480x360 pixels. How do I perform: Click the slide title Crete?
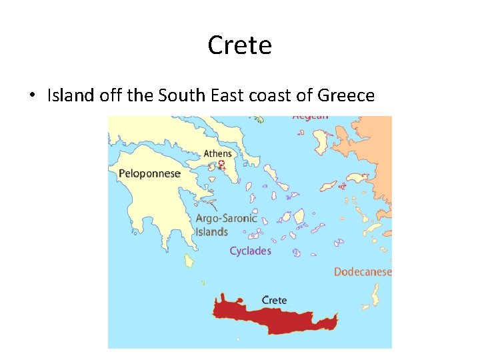pyautogui.click(x=239, y=45)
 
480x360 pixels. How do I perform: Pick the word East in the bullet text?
pyautogui.click(x=227, y=95)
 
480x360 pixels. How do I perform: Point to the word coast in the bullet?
pyautogui.click(x=269, y=95)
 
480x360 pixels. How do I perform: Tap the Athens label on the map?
pyautogui.click(x=218, y=154)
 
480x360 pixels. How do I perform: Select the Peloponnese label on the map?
pyautogui.click(x=149, y=174)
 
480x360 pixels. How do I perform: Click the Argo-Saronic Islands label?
pyautogui.click(x=225, y=225)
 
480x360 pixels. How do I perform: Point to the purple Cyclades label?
pyautogui.click(x=250, y=251)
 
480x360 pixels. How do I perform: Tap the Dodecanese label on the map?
pyautogui.click(x=362, y=271)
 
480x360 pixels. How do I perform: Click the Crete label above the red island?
pyautogui.click(x=274, y=300)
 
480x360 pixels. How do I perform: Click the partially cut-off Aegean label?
pyautogui.click(x=310, y=117)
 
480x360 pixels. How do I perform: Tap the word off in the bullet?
pyautogui.click(x=111, y=95)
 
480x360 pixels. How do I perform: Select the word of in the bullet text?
pyautogui.click(x=305, y=95)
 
